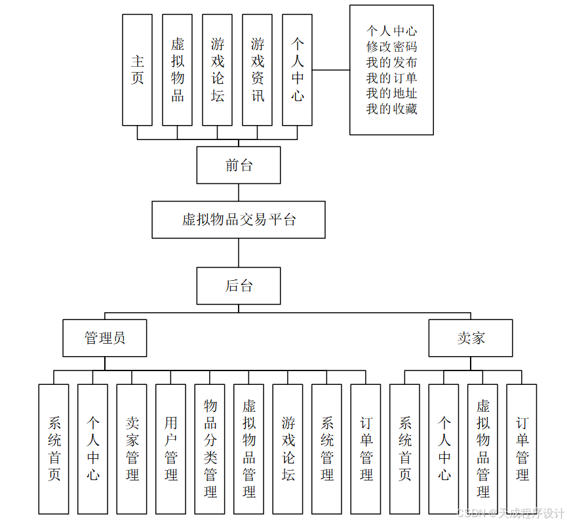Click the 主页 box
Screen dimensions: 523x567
[137, 70]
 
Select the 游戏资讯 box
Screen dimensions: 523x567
[257, 70]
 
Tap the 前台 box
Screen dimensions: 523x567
[239, 165]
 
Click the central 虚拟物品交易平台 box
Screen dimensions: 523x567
[239, 220]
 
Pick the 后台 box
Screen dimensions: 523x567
[239, 286]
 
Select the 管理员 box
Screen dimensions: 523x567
[105, 338]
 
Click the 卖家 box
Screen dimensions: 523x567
[471, 338]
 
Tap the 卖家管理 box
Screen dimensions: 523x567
[132, 448]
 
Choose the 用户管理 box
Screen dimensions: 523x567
[170, 448]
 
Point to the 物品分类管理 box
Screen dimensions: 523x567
[210, 448]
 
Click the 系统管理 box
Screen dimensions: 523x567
[326, 448]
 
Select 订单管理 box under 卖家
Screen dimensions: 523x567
[522, 448]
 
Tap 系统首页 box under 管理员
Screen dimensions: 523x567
[54, 448]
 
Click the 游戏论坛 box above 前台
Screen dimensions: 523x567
[217, 70]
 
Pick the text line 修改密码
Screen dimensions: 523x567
[391, 46]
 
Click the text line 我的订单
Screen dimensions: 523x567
[391, 78]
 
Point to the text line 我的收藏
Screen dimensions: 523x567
[391, 109]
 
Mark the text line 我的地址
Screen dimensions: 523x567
[391, 94]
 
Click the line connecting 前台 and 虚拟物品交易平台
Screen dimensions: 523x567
[239, 192]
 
